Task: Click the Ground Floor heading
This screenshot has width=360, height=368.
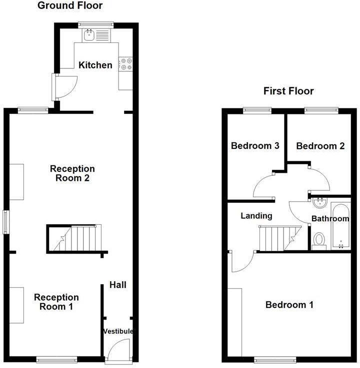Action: (x=70, y=6)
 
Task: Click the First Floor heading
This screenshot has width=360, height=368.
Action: (x=288, y=91)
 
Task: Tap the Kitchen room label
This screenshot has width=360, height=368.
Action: (x=95, y=65)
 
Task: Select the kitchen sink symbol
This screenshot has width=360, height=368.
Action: (x=90, y=34)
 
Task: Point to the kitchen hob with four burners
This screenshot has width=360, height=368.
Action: (x=125, y=64)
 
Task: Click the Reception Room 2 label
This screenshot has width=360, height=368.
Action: (x=72, y=173)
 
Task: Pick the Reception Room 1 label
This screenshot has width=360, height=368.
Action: (x=56, y=302)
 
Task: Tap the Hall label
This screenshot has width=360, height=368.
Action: (x=118, y=285)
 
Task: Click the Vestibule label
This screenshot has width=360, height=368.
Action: (x=118, y=331)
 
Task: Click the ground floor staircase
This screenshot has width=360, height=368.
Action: (x=76, y=238)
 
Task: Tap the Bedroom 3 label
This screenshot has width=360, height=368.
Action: (x=255, y=146)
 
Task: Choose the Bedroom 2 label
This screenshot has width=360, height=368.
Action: (x=320, y=146)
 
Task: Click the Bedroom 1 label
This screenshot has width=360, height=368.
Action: (x=289, y=305)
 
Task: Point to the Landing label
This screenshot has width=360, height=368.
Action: (x=256, y=216)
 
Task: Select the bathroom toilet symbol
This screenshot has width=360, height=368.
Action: (x=319, y=241)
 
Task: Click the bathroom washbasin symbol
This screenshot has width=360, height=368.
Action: (x=319, y=203)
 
